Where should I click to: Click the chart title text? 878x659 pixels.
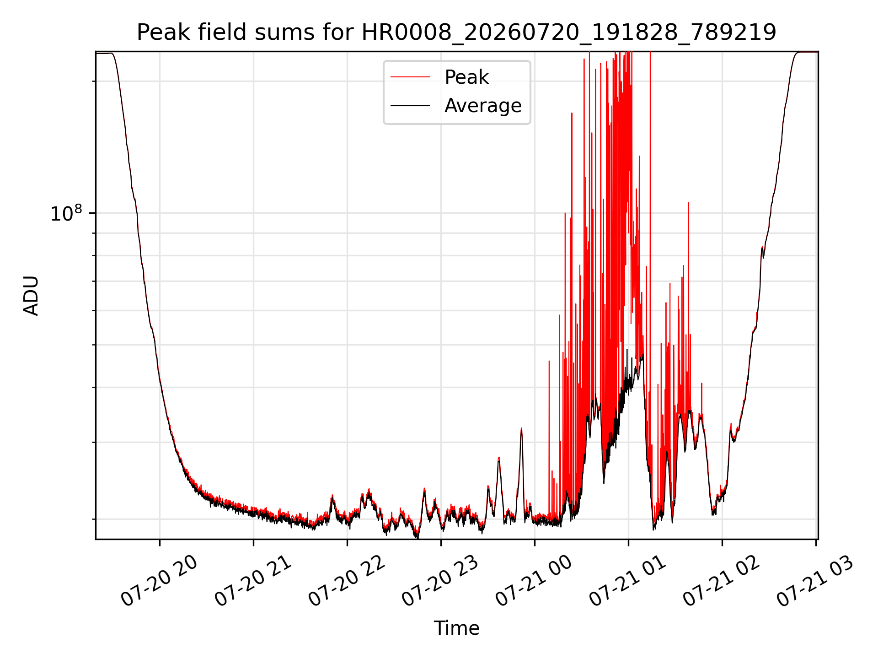coord(456,32)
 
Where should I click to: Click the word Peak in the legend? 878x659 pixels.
coord(466,77)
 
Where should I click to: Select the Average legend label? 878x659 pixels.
coord(483,106)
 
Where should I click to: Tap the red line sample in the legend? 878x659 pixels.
coord(410,77)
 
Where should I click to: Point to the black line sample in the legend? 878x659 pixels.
coord(410,106)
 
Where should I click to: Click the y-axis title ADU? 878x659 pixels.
coord(31,296)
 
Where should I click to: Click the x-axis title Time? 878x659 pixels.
coord(456,628)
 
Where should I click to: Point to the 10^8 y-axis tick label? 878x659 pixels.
coord(66,213)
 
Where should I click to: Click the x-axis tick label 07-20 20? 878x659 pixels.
coord(159,581)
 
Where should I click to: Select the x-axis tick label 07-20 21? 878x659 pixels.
coord(253,581)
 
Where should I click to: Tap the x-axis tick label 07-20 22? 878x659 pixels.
coord(347,581)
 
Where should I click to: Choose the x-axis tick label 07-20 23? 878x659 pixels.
coord(440,581)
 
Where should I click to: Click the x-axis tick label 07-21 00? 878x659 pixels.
coord(534,581)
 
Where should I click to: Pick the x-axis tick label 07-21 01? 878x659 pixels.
coord(628,581)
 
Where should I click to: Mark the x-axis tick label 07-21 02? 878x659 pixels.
coord(722,581)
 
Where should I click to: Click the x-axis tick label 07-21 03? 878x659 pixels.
coord(815,581)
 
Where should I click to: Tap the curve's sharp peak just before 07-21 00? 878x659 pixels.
coord(521,429)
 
